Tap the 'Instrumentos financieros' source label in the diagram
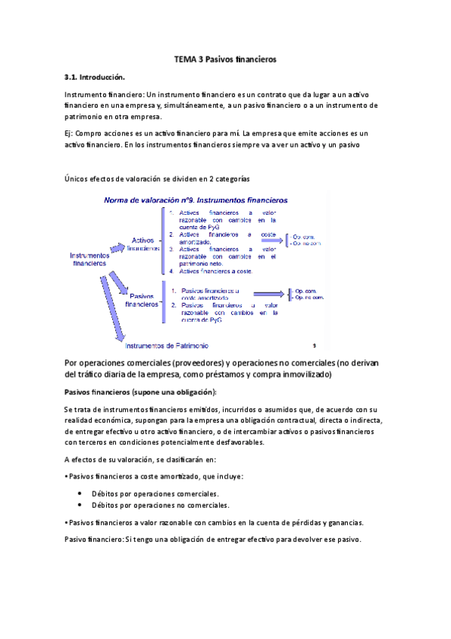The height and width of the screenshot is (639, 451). (90, 259)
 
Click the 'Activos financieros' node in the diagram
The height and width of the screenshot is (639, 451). (143, 243)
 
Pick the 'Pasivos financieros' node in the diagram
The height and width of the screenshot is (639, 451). (142, 301)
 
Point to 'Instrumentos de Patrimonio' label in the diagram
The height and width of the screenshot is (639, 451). (167, 346)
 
